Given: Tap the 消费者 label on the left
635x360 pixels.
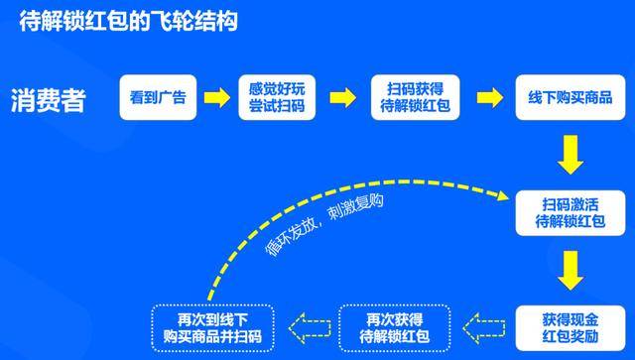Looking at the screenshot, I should pos(48,100).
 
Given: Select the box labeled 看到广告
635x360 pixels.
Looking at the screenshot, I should pos(158,98).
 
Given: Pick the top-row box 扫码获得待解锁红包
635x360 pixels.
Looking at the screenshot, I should pos(415,98).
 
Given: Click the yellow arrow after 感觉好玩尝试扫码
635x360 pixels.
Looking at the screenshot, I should pos(341,98).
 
